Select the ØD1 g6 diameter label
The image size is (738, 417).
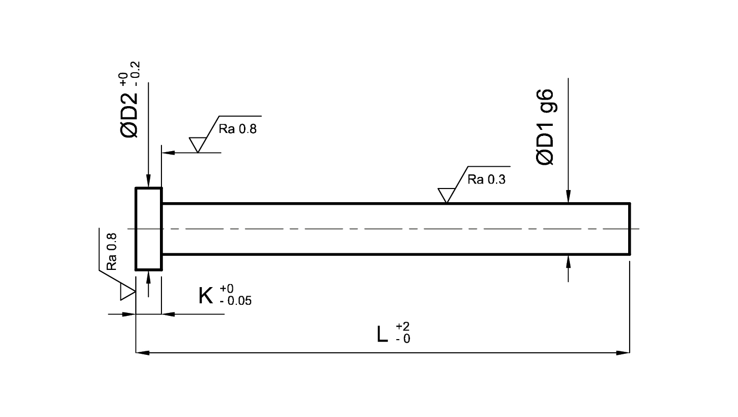545,127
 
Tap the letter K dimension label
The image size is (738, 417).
206,296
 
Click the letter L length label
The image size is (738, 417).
382,335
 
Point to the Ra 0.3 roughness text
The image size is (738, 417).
486,180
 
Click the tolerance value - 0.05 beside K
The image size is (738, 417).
235,301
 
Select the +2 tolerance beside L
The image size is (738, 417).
402,327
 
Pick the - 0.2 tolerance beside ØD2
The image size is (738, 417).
136,74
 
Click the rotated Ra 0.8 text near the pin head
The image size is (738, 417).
112,252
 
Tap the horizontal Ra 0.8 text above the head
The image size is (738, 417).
237,129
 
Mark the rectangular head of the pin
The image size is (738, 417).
149,229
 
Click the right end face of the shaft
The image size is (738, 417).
630,229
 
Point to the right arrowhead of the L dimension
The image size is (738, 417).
623,353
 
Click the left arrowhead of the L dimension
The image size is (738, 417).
143,353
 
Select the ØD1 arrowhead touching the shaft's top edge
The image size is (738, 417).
568,196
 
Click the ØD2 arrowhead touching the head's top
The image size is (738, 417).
149,180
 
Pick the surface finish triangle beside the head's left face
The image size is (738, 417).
128,292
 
